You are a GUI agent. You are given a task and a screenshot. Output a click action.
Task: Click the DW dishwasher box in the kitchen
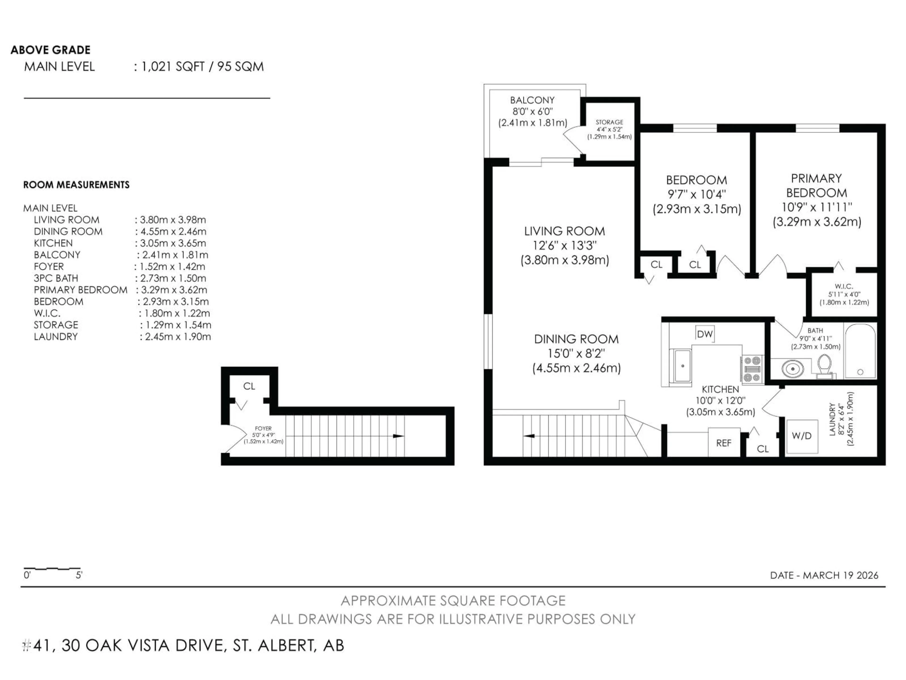pos(705,334)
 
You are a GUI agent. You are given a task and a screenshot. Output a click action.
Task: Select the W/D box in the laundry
pos(801,436)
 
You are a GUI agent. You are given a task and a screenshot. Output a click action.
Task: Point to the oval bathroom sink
pos(792,369)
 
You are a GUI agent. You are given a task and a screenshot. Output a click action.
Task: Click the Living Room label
pos(564,231)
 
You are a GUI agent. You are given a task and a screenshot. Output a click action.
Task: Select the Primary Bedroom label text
pos(816,186)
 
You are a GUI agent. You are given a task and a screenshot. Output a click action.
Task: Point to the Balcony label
pos(532,100)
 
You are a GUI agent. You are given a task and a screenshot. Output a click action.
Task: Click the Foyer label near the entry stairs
pos(263,428)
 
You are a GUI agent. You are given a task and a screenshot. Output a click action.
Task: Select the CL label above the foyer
pos(249,386)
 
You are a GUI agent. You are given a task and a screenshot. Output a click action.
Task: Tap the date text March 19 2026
pos(824,575)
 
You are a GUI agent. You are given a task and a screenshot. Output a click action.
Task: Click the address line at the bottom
pos(183,646)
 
